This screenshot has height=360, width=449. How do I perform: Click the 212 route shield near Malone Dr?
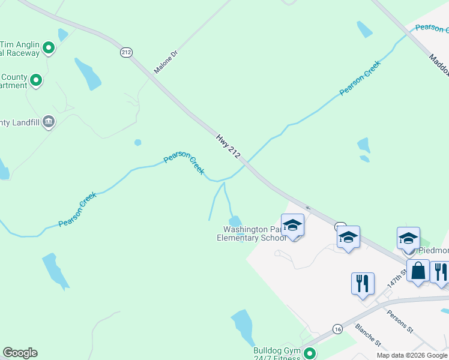click(x=126, y=52)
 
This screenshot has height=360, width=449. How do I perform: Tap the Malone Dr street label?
click(x=166, y=62)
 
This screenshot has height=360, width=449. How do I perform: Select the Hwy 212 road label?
click(x=229, y=146)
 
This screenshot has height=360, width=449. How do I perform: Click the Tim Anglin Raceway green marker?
click(x=49, y=47)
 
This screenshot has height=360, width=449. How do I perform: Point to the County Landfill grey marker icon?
click(x=49, y=122)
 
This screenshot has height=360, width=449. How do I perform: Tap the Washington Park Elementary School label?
click(x=252, y=233)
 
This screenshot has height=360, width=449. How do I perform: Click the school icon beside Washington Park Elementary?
click(x=292, y=226)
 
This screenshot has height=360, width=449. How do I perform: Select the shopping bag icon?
click(x=418, y=271)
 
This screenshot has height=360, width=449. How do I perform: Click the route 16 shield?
click(x=338, y=329)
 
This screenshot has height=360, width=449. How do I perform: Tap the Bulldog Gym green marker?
click(x=310, y=353)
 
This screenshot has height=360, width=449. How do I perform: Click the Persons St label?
click(x=400, y=321)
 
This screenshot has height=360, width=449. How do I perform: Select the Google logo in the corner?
click(x=20, y=353)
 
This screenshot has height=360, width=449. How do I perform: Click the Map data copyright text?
click(x=412, y=355)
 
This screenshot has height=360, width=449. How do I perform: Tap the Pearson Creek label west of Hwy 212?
click(x=184, y=163)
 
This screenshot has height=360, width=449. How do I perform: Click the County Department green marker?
click(x=36, y=80)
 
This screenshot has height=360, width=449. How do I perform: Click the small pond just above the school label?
click(x=235, y=221)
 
